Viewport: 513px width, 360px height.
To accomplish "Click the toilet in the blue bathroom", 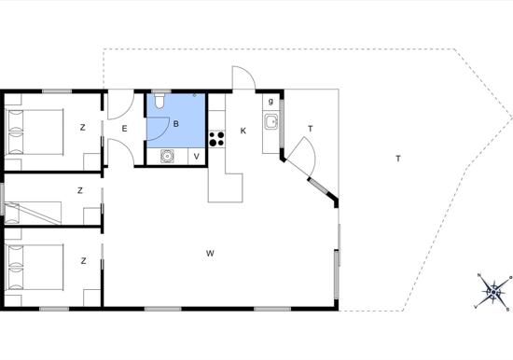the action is click(159, 101).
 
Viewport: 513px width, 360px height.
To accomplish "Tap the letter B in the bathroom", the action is click(176, 124).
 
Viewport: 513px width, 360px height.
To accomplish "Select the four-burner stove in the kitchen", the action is click(216, 138).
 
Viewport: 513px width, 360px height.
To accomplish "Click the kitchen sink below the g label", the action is click(271, 122).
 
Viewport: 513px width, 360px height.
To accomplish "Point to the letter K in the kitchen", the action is click(243, 131).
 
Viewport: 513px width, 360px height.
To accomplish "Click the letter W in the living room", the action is click(210, 254).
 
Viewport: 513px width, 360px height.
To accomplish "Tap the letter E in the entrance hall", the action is click(124, 129).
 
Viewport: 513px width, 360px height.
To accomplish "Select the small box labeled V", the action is click(197, 156).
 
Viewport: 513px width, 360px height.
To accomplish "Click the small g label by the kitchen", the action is click(270, 101).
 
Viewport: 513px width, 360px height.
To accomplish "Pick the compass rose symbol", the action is click(493, 291).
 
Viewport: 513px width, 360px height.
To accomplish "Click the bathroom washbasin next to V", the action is click(167, 156).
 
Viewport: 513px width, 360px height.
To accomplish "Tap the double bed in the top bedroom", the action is click(35, 132).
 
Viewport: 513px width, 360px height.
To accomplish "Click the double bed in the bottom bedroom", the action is click(35, 267).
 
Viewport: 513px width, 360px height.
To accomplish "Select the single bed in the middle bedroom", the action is click(33, 213).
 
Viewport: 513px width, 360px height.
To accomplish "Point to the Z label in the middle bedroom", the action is click(80, 190).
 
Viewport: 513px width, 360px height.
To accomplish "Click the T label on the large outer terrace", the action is click(398, 159).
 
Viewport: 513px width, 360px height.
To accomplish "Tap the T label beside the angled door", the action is click(311, 129).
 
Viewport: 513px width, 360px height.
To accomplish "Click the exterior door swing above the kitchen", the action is click(243, 77).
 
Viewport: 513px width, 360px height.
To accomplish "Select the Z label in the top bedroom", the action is click(82, 128).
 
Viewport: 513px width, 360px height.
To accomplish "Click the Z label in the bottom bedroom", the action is click(83, 261).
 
